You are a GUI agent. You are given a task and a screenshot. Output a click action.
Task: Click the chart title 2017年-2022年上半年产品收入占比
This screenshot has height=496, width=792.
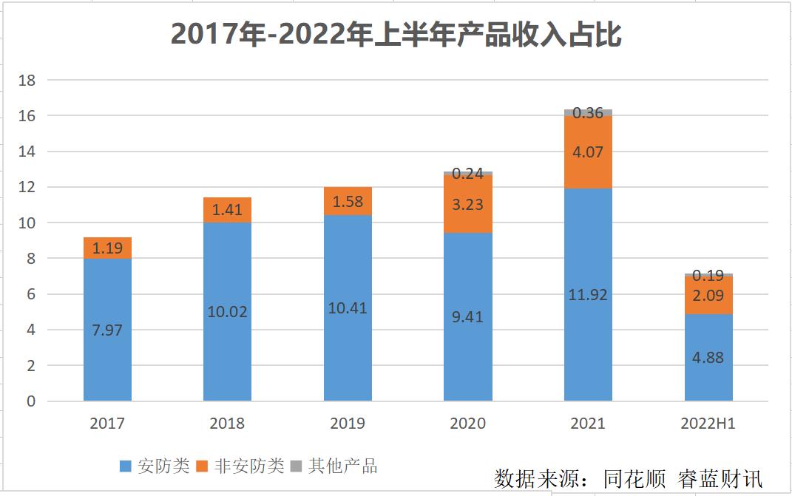coord(396,35)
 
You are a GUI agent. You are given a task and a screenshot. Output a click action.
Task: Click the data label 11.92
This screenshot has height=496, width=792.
coord(588,295)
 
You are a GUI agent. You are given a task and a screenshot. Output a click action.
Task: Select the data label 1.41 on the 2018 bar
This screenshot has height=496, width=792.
coord(227,210)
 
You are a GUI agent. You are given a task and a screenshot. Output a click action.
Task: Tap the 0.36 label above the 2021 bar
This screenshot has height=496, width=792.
coord(588,113)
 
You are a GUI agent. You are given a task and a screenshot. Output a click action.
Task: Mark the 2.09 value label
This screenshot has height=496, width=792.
coord(708,296)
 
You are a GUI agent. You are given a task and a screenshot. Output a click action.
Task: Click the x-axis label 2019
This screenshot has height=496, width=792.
coord(348,424)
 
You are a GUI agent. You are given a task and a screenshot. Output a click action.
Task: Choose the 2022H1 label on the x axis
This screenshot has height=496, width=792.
coord(708,424)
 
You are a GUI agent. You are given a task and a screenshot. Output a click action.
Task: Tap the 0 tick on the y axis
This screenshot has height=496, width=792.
coord(30,401)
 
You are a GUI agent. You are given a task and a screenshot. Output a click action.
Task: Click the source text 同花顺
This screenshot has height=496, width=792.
coord(630,478)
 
